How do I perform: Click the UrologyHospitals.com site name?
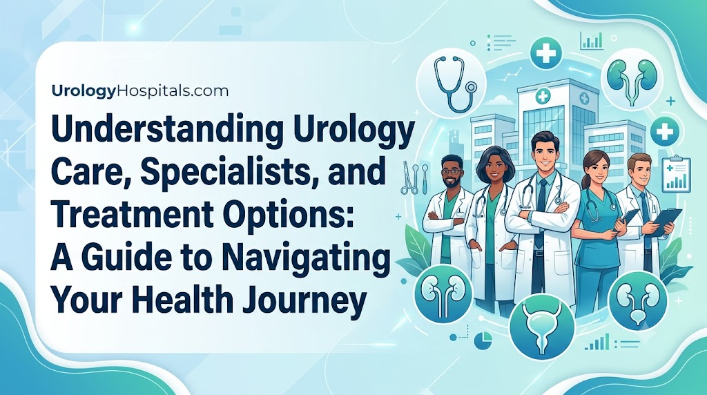[x=140, y=92]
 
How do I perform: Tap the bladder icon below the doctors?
[x=543, y=327]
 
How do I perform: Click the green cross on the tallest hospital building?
[x=543, y=95]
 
